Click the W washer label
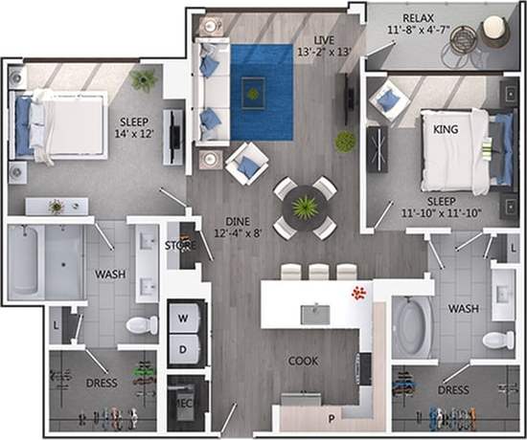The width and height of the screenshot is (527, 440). click(x=183, y=317)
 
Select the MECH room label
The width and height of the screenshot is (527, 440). click(x=182, y=403)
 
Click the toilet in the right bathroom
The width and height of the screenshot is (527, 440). click(x=496, y=339)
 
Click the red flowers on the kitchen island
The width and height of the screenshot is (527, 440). click(x=358, y=292)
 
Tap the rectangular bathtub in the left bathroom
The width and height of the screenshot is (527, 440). click(x=46, y=261)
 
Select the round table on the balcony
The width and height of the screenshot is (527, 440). click(x=495, y=30)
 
